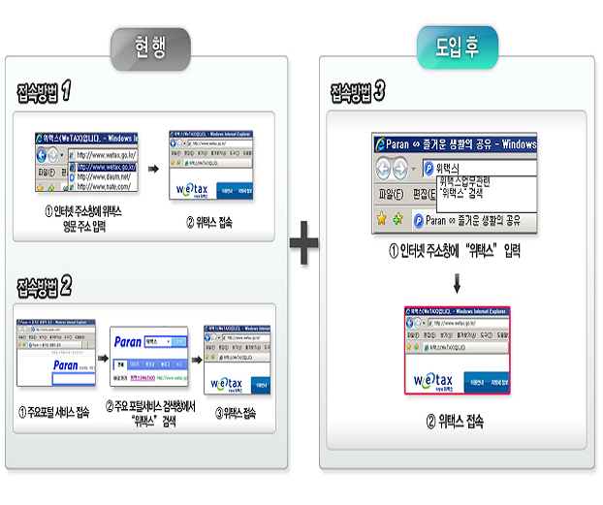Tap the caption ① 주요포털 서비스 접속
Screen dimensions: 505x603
pyautogui.click(x=54, y=413)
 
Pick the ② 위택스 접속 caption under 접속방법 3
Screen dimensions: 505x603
pyautogui.click(x=455, y=422)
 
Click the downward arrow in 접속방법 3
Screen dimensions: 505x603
pyautogui.click(x=456, y=284)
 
